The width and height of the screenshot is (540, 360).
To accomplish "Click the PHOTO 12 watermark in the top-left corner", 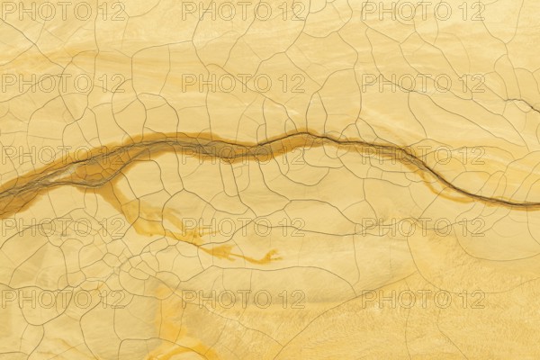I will (63, 12).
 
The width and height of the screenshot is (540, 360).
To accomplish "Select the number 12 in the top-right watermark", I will (471, 12).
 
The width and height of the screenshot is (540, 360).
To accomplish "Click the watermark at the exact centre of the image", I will (243, 155).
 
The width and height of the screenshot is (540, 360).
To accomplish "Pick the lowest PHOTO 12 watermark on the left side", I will (63, 298).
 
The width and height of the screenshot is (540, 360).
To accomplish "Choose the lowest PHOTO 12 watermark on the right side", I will (423, 298).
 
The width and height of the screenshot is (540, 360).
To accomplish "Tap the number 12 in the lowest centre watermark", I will (291, 298).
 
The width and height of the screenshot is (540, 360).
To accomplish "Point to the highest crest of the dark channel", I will (301, 135).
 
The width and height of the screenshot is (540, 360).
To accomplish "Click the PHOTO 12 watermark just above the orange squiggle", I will (243, 227).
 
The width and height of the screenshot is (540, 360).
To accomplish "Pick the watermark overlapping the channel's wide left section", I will (63, 155).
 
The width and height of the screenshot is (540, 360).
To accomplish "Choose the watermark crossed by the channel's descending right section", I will (423, 155).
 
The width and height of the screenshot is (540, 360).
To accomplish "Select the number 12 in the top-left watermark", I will (111, 12).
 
